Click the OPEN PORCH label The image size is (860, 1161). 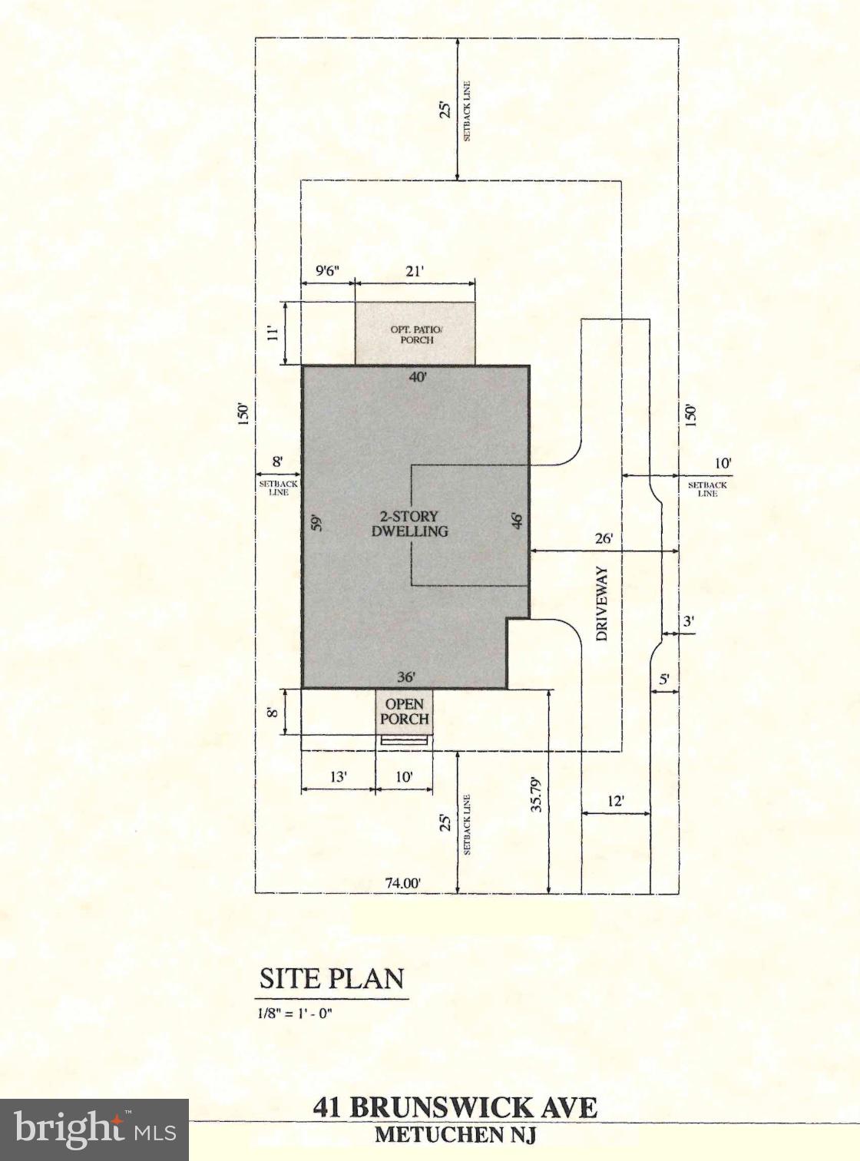(x=404, y=711)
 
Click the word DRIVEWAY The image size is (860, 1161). (x=603, y=604)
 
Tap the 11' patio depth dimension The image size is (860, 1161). (x=272, y=333)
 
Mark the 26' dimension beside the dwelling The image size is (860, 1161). (x=604, y=538)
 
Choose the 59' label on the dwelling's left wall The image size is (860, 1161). (x=316, y=524)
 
